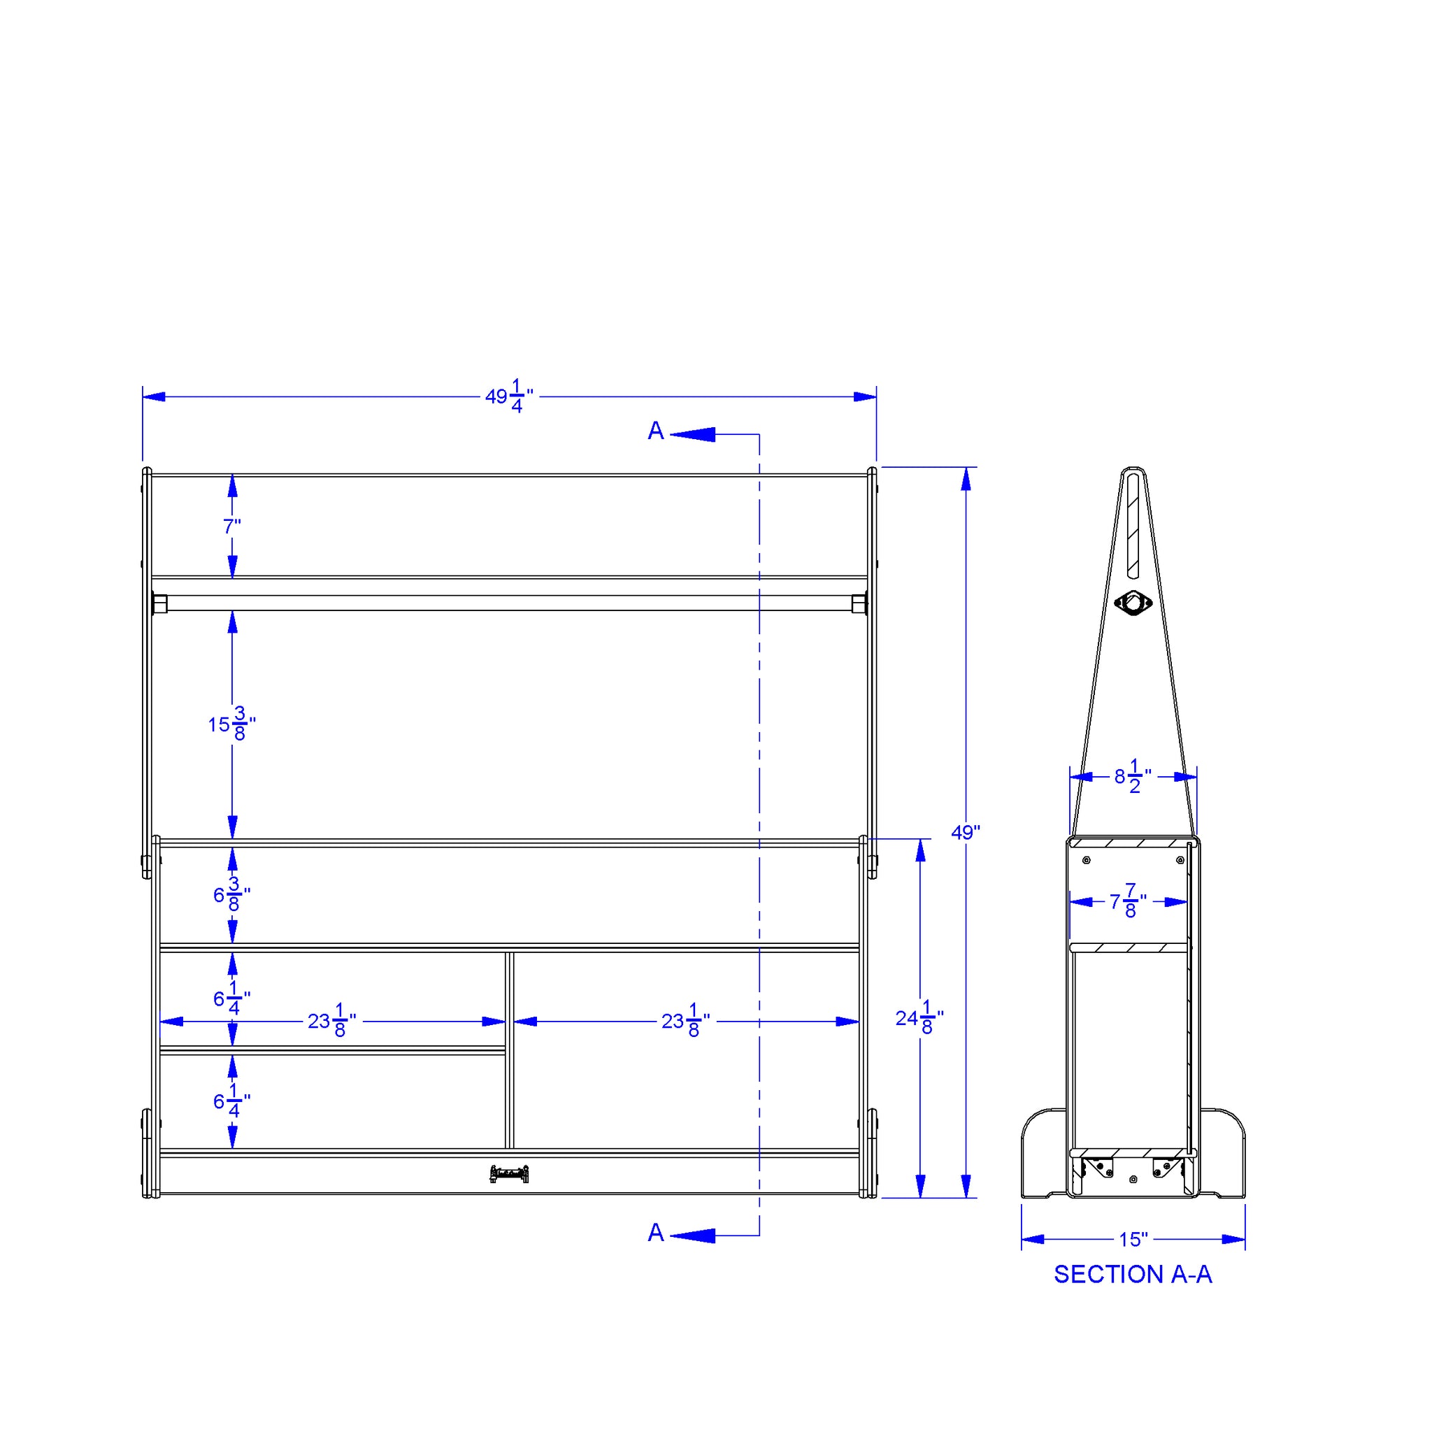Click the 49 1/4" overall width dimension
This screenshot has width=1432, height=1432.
pyautogui.click(x=509, y=396)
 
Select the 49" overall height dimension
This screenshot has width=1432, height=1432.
pyautogui.click(x=965, y=833)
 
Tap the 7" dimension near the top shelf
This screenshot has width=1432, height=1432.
pyautogui.click(x=232, y=527)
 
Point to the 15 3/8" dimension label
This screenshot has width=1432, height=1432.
pyautogui.click(x=232, y=724)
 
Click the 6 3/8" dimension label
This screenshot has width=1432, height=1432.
pyautogui.click(x=232, y=894)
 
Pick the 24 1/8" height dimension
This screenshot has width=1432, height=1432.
pyautogui.click(x=919, y=1017)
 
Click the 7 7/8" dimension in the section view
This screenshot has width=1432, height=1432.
pyautogui.click(x=1128, y=901)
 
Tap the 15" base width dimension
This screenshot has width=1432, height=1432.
pyautogui.click(x=1133, y=1239)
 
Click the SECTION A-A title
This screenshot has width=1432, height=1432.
pyautogui.click(x=1133, y=1274)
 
